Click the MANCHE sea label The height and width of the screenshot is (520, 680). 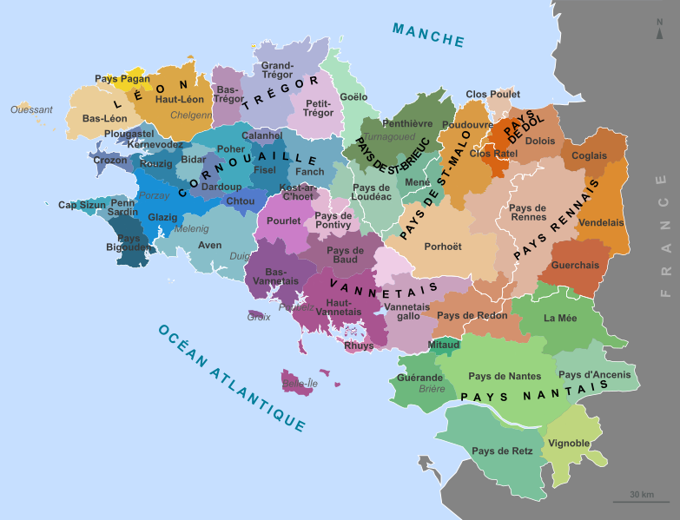(x=428, y=35)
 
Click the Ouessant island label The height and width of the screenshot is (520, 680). (x=32, y=110)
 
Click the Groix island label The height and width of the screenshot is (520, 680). (x=259, y=317)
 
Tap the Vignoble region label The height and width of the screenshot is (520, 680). (x=570, y=444)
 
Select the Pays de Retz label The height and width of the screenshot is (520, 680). (x=496, y=451)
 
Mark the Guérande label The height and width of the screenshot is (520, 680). (x=419, y=378)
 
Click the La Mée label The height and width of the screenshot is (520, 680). (x=560, y=319)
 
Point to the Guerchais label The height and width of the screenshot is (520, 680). (x=575, y=265)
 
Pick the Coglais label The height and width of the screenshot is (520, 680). (x=590, y=155)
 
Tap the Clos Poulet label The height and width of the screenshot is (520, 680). (x=492, y=94)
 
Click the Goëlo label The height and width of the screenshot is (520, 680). (x=353, y=97)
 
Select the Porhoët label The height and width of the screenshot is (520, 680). (x=442, y=247)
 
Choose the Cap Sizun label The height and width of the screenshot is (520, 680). (x=82, y=206)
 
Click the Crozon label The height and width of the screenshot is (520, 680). (x=109, y=161)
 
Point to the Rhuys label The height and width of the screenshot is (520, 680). (x=359, y=346)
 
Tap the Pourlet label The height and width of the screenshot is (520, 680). (x=283, y=221)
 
